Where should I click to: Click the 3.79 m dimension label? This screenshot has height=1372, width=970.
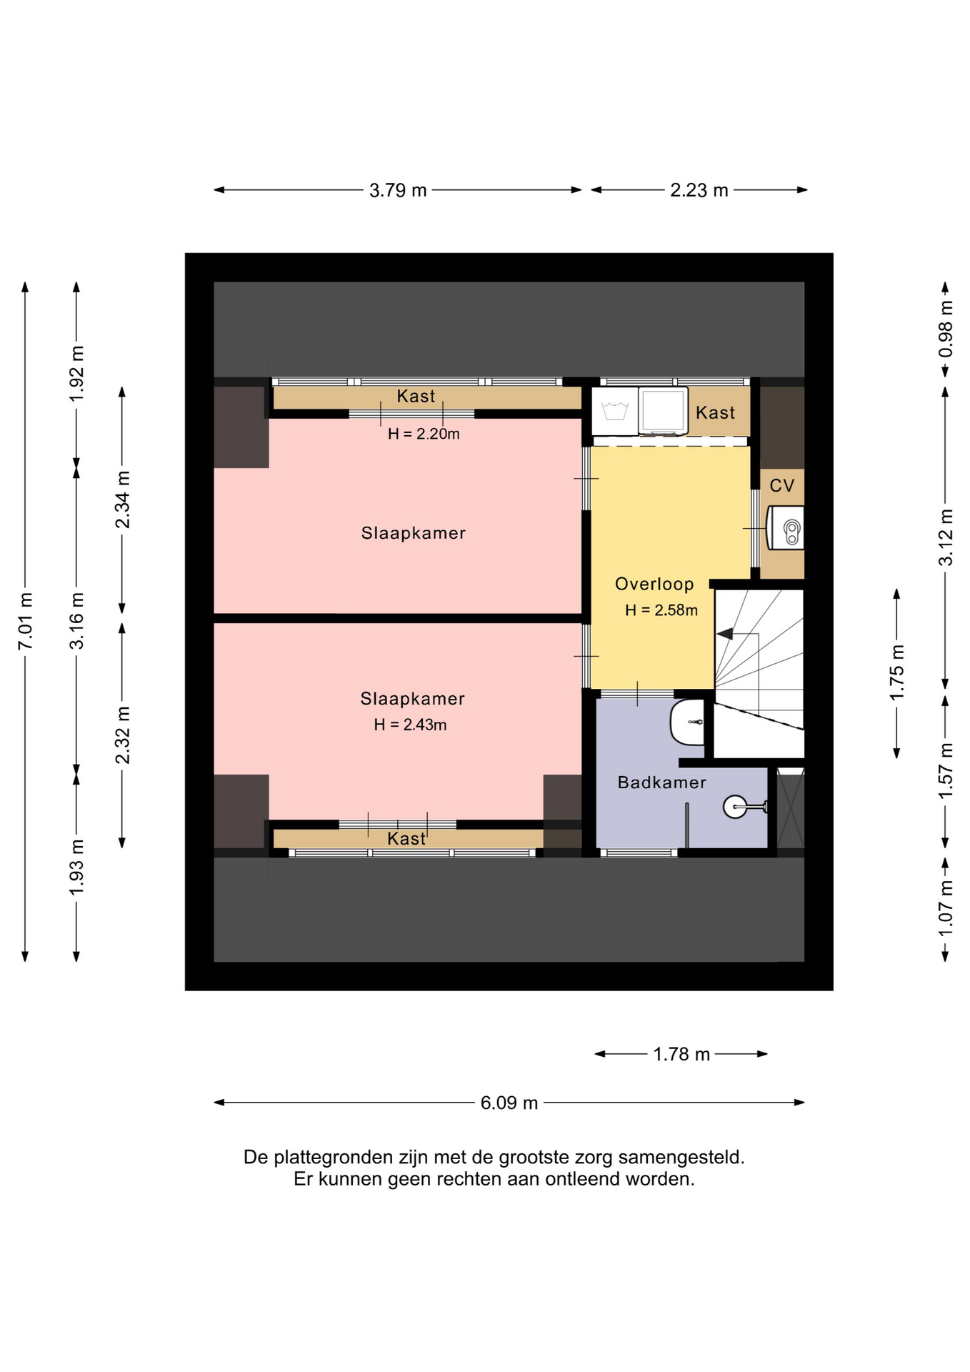[x=398, y=190]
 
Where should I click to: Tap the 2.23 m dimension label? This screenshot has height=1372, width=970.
[x=699, y=190]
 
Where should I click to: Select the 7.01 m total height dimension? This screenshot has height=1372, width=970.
[x=25, y=621]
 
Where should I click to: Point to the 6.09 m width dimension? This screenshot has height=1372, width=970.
[x=509, y=1103]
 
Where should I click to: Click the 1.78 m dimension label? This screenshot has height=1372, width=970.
[x=681, y=1054]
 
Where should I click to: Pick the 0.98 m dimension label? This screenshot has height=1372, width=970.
[x=945, y=329]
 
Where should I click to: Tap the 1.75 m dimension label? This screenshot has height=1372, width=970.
[x=897, y=672]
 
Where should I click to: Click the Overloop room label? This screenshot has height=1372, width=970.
[x=654, y=584]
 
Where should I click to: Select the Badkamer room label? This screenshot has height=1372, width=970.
[x=661, y=782]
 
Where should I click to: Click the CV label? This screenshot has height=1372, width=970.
[x=781, y=486]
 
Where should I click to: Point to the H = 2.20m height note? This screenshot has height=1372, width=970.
[x=424, y=434]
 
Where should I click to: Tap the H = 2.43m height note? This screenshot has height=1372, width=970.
[x=410, y=725]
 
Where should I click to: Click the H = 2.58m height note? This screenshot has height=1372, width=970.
[x=661, y=610]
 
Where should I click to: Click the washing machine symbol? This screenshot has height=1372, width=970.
[x=615, y=411]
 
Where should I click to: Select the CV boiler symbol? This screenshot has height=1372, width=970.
[x=786, y=528]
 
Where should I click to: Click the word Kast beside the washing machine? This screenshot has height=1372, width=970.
[x=715, y=412]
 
